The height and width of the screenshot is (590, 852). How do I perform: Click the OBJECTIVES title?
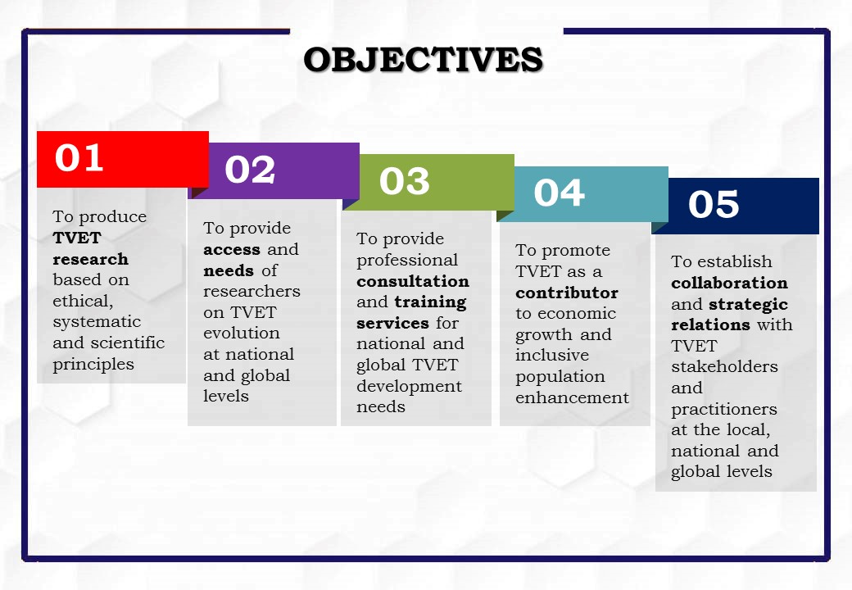(x=424, y=59)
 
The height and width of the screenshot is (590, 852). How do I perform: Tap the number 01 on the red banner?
(x=79, y=157)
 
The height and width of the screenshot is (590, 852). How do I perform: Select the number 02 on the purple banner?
(x=250, y=170)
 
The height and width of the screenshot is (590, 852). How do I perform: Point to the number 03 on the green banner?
(x=404, y=181)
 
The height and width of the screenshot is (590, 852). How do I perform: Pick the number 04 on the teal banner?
(x=559, y=193)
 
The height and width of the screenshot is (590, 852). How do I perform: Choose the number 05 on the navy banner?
(x=714, y=204)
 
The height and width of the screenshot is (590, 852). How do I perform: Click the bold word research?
(x=91, y=259)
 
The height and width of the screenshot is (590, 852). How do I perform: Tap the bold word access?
(x=232, y=249)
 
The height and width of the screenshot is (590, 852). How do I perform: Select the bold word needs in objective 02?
(x=229, y=270)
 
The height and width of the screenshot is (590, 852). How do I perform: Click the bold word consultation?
(x=413, y=281)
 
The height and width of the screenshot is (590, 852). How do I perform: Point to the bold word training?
(x=430, y=302)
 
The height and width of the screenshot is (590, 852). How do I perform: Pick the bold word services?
(x=393, y=323)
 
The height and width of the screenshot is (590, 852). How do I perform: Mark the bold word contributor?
(x=567, y=293)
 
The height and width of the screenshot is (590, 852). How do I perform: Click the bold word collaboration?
(x=729, y=283)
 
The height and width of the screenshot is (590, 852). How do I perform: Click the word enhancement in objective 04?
(x=572, y=397)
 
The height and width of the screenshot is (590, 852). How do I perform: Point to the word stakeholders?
(x=724, y=367)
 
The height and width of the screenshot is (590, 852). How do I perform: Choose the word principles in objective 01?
(x=93, y=365)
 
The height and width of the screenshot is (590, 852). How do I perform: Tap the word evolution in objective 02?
(x=241, y=333)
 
